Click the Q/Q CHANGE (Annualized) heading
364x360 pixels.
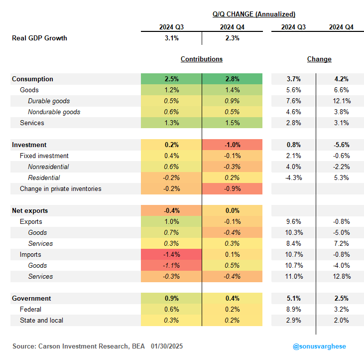(x=254, y=14)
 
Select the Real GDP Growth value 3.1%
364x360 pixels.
(x=172, y=38)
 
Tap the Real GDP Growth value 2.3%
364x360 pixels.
(x=232, y=38)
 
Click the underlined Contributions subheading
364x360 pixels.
(x=202, y=59)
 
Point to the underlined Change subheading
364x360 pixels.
(x=319, y=59)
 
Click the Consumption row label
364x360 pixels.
(x=32, y=79)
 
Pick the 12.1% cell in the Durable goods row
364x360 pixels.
(x=341, y=101)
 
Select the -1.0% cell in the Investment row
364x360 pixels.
(x=232, y=145)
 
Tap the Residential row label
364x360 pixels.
(x=44, y=178)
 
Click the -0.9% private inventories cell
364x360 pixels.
(x=232, y=188)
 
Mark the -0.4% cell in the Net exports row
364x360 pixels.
(x=171, y=210)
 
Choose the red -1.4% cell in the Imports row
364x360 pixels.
(x=171, y=254)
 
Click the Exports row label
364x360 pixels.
(x=31, y=222)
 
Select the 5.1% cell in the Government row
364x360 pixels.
(x=294, y=298)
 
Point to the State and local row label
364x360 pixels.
(x=41, y=320)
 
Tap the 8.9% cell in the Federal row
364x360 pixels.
(x=294, y=309)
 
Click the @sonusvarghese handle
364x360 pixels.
(x=319, y=346)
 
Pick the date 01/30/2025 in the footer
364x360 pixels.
(x=167, y=346)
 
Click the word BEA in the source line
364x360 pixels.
(x=138, y=346)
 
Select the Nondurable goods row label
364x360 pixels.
(x=54, y=112)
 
